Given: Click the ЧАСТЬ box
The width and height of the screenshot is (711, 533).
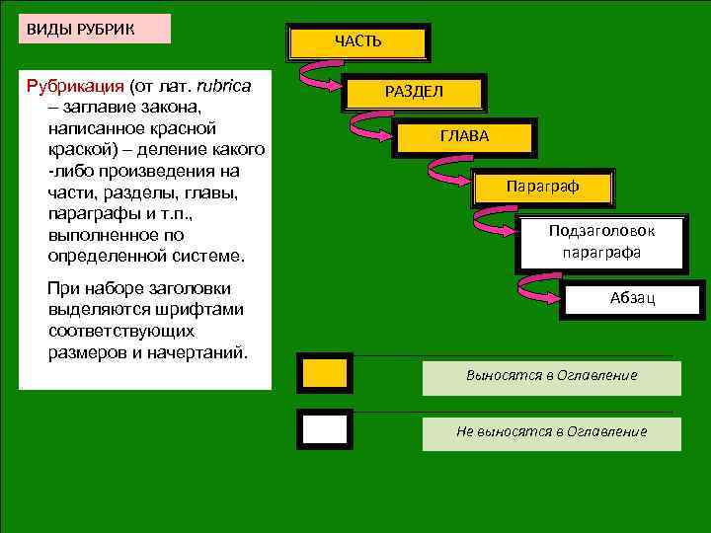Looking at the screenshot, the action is click(357, 42).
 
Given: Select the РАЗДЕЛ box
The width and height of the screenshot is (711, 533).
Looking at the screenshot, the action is click(415, 91).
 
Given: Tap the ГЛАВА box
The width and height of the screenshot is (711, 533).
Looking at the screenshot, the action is click(464, 136).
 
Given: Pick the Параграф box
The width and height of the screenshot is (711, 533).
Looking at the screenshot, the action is click(542, 186).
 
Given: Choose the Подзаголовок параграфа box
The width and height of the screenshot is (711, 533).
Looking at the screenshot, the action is click(601, 241).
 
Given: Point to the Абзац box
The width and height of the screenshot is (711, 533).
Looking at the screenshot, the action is click(632, 297).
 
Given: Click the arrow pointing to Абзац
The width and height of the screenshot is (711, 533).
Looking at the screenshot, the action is click(538, 287).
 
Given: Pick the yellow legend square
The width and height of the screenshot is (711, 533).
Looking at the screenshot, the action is click(324, 372).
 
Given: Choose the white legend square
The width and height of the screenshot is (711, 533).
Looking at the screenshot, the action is click(324, 429).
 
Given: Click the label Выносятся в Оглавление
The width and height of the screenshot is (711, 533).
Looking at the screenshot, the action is click(551, 375).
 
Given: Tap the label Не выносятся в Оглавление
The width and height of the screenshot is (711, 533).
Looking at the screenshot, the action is click(551, 431).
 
